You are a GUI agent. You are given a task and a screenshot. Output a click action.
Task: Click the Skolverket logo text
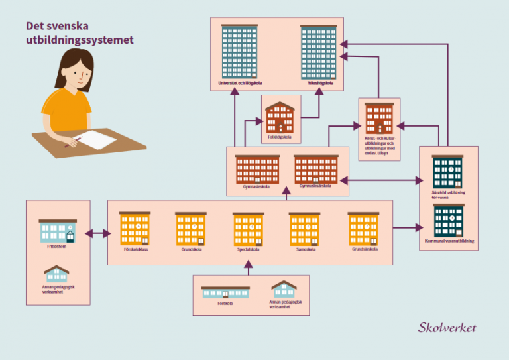tap(447, 328)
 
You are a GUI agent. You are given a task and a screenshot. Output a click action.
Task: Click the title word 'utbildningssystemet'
tap(80, 40)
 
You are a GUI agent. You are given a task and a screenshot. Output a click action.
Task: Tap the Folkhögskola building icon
tap(280, 118)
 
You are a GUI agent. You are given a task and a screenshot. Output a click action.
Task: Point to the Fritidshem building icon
tap(58, 231)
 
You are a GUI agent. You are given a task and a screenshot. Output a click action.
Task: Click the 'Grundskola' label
tap(191, 249)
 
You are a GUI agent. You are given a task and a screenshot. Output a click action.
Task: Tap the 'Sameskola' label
tap(304, 249)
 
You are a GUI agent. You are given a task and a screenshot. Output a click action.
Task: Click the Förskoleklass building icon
tap(135, 229)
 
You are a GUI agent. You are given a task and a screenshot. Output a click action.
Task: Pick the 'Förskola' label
tap(225, 303)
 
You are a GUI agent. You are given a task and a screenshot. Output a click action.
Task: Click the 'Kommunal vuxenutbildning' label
tap(449, 242)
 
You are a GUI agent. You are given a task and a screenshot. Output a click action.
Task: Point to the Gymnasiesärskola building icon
tap(316, 169)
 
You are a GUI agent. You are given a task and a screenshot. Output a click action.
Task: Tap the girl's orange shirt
tap(67, 109)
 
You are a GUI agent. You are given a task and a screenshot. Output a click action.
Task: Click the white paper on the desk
tap(97, 140)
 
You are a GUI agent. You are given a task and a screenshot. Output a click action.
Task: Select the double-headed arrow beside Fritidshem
tap(98, 233)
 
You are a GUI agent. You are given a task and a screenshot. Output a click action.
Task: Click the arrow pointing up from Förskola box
tap(249, 267)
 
